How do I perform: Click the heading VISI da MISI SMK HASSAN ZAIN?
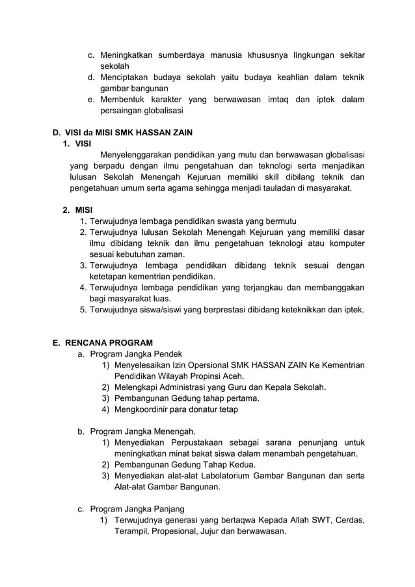[x=122, y=133]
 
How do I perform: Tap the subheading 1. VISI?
[x=76, y=144]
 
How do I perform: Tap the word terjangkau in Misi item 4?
[x=273, y=288]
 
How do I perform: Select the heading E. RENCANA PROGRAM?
[x=102, y=343]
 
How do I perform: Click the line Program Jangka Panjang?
[x=137, y=509]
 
